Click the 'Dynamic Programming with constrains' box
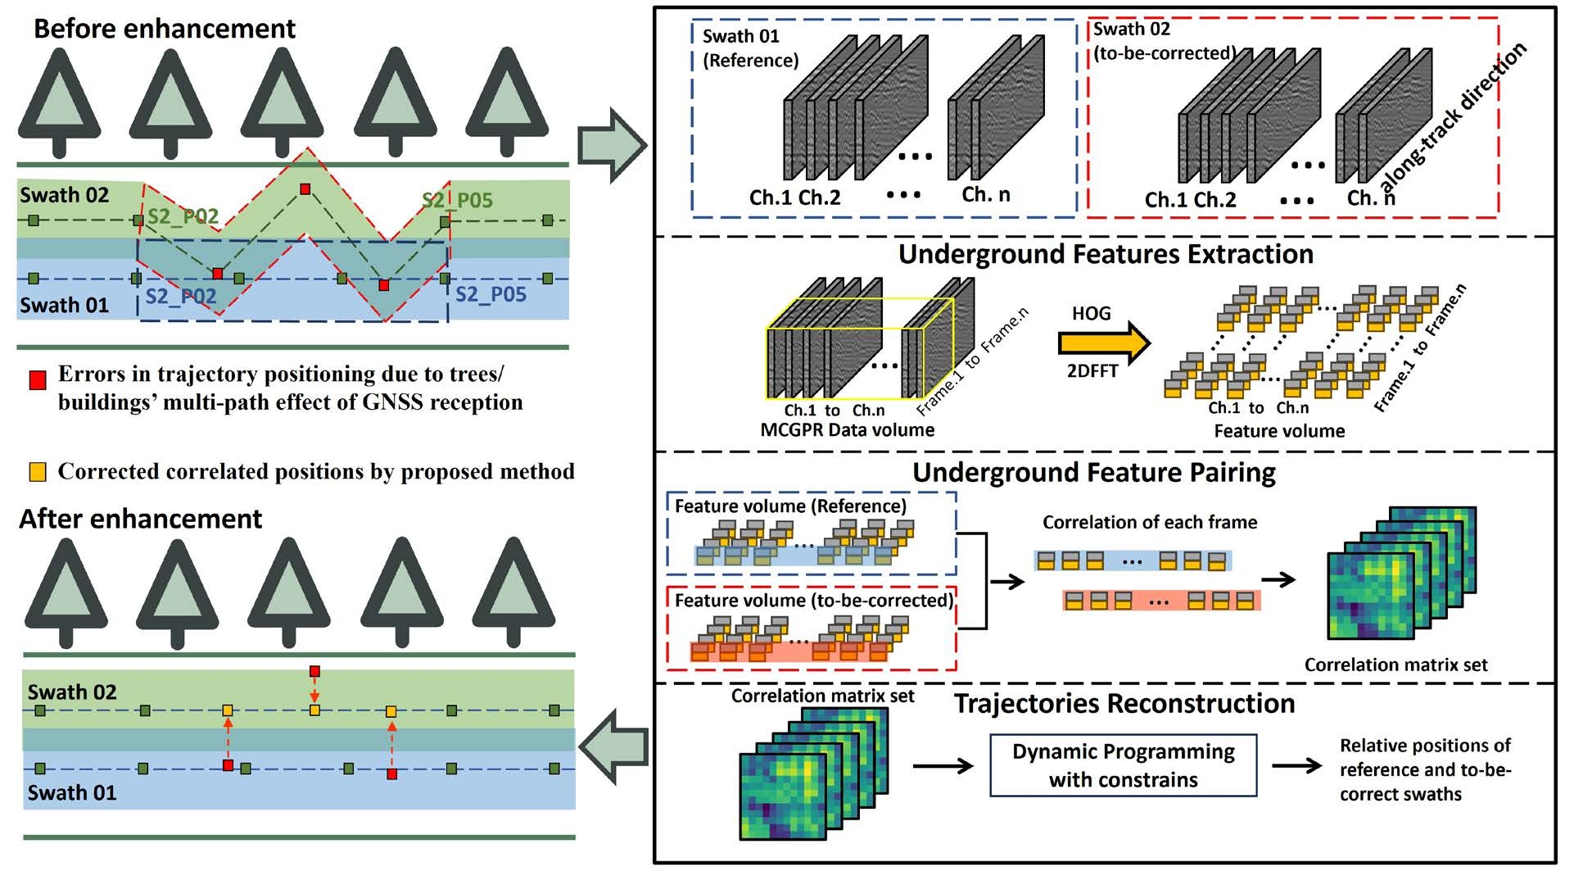coord(1123,765)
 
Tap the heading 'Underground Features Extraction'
coord(1106,255)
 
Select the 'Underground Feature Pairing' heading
coord(1094,473)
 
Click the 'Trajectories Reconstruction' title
coord(1124,704)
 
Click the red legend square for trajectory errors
coord(38,380)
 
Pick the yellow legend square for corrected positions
coord(38,472)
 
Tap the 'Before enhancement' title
coord(164,29)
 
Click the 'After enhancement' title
coord(140,519)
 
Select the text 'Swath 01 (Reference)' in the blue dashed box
coord(749,48)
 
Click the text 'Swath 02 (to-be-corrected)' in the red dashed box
coord(1164,42)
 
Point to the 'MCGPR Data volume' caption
coord(847,430)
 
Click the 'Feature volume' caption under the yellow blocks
coord(1278,431)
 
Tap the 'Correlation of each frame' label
coord(1149,523)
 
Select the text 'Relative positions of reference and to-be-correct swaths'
coord(1424,769)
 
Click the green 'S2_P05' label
coord(457,201)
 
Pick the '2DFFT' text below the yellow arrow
coord(1092,371)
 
